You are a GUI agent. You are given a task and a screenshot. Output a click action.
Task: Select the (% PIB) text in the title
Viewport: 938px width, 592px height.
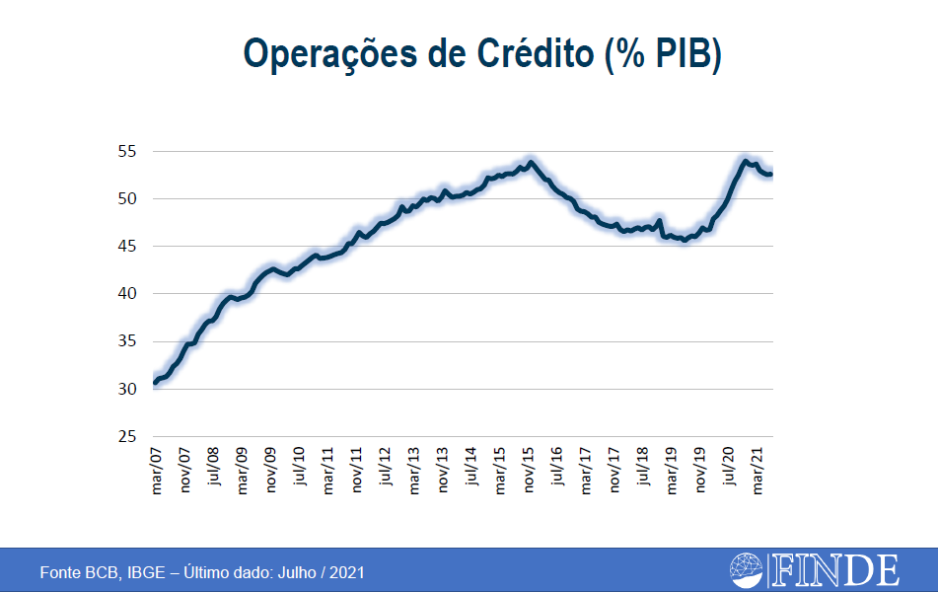click(663, 54)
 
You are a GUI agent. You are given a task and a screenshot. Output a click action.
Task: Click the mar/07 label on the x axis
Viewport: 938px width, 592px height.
click(156, 472)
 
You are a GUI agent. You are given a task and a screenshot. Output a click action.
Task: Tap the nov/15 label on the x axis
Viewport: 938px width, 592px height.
click(530, 472)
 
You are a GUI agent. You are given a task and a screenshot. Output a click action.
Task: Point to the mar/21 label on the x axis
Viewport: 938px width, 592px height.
click(759, 472)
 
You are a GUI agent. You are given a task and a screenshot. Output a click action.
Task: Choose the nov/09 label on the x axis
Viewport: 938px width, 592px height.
click(270, 472)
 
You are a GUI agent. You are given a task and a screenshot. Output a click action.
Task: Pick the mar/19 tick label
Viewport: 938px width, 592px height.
click(673, 472)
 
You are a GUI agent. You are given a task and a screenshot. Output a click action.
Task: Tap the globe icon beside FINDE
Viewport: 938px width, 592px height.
click(747, 570)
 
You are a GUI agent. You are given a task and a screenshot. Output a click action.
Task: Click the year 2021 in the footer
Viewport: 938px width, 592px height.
click(346, 572)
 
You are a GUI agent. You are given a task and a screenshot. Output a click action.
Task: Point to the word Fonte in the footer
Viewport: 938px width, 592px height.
click(59, 572)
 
